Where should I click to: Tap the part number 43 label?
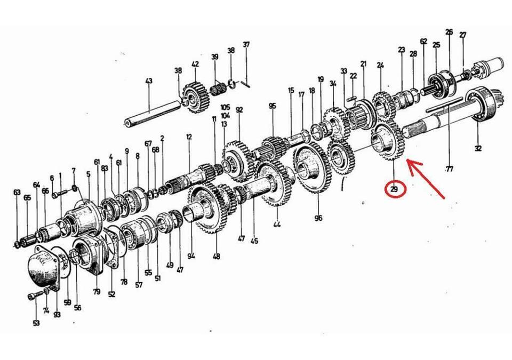point(149,81)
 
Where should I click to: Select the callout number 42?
point(195,64)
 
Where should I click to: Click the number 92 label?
point(239,110)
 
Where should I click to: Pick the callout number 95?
point(273,106)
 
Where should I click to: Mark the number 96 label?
point(318,218)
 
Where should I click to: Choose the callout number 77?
point(449,170)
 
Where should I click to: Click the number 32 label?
point(477,149)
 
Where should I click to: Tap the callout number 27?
point(462,36)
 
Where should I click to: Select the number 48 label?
point(216,257)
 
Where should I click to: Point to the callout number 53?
point(36,323)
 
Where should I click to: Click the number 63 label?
point(17,193)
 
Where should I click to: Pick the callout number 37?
point(246,44)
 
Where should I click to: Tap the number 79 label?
point(97,291)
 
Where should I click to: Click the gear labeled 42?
point(194,95)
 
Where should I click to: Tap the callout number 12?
point(189,137)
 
